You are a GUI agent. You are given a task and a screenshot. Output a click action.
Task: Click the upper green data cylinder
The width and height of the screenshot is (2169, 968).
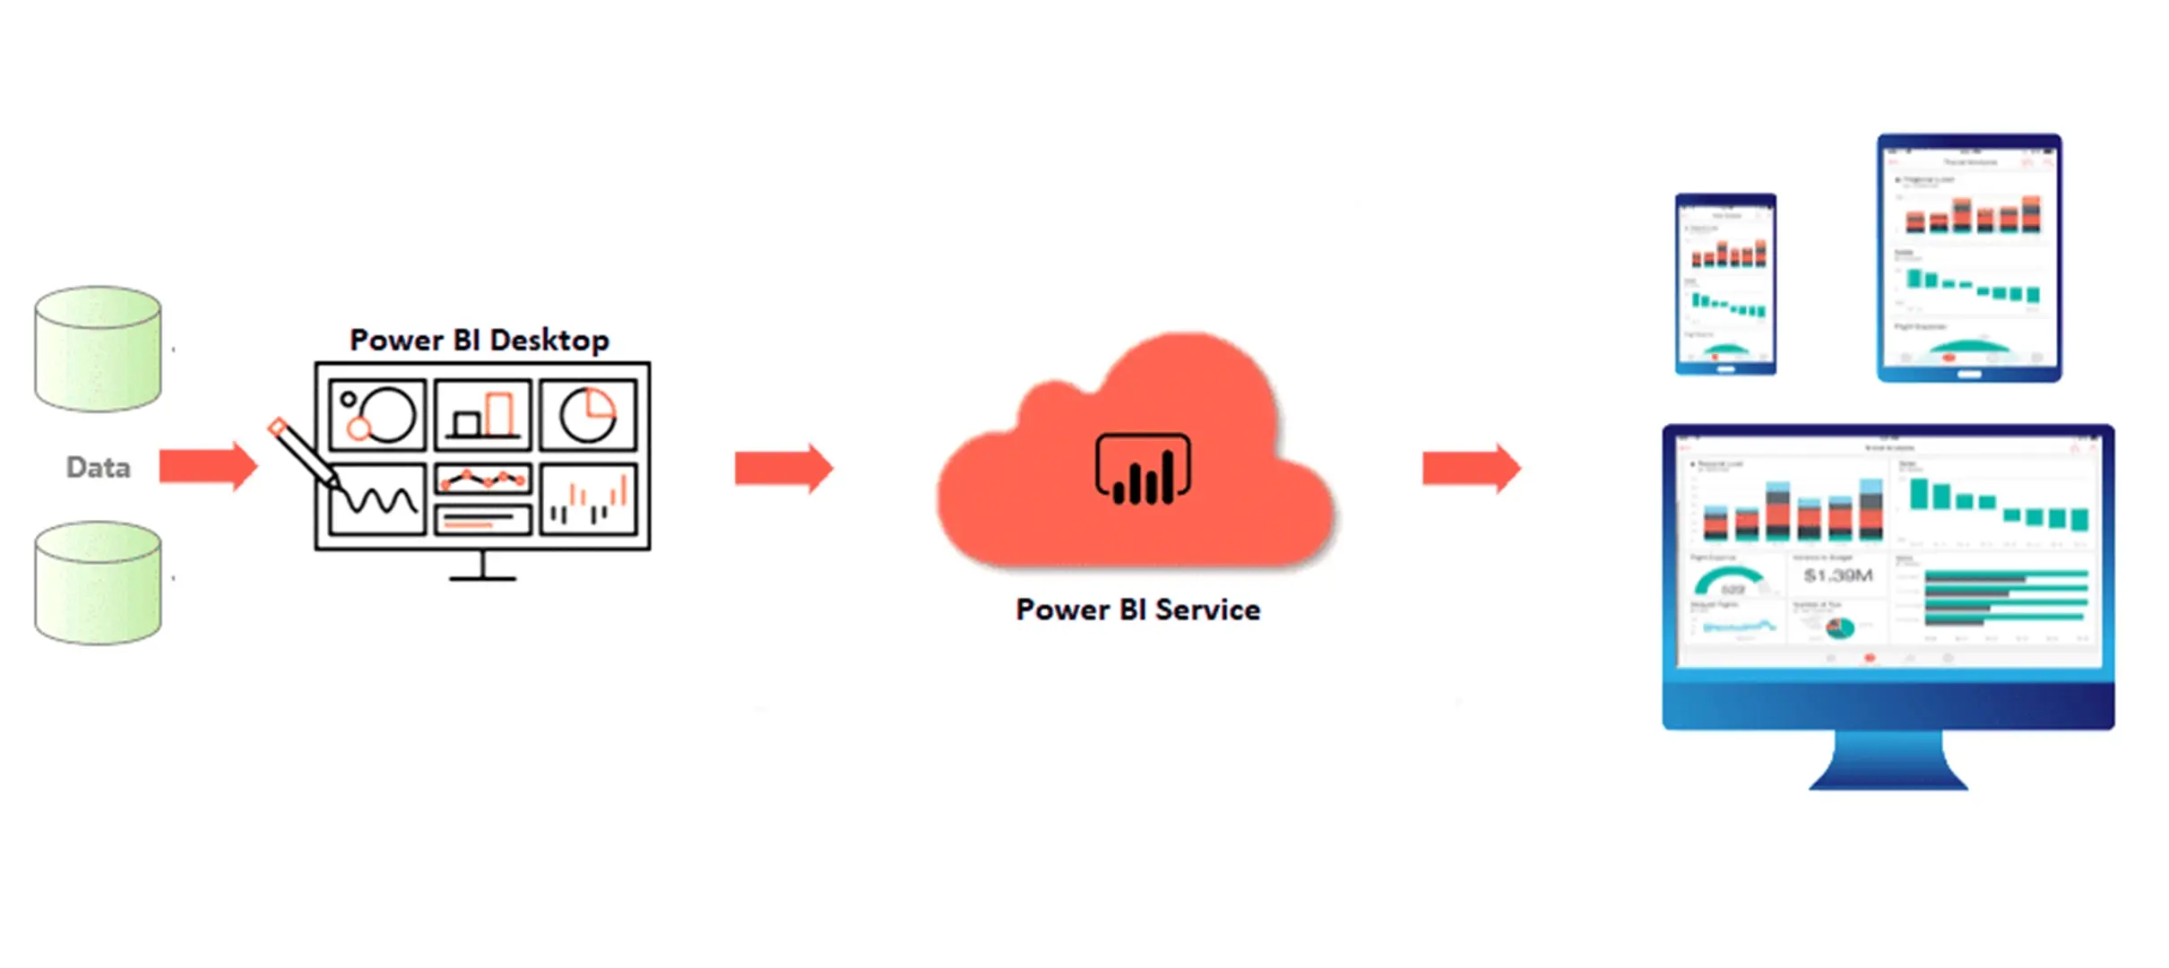[98, 349]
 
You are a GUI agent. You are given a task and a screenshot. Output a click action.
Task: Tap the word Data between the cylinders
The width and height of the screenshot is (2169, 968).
[99, 467]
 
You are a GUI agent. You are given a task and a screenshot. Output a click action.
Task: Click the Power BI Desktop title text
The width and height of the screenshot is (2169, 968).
[480, 341]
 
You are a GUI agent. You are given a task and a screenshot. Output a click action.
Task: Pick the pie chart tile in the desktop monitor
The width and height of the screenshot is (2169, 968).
[588, 415]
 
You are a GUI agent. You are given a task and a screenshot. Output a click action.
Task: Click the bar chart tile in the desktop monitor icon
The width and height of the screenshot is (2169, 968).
[483, 415]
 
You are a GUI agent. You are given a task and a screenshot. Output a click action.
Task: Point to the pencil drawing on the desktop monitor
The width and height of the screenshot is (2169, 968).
[303, 453]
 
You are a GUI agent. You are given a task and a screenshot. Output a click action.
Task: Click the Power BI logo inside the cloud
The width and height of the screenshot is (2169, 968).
[1143, 470]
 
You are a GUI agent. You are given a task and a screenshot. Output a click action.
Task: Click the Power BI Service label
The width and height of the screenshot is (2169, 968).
[1138, 609]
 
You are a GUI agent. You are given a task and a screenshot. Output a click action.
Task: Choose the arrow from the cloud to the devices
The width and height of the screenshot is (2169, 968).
[1471, 467]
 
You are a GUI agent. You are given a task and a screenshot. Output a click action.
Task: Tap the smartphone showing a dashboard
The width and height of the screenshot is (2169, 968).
[1725, 283]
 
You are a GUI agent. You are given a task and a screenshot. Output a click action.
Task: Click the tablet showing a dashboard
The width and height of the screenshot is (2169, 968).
[1969, 258]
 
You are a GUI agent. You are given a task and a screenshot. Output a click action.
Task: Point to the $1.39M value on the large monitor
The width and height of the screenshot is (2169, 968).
[1838, 575]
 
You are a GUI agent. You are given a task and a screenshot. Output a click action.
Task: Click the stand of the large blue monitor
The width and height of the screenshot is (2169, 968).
[1888, 762]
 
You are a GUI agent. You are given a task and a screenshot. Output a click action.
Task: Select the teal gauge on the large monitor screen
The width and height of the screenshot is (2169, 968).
[1729, 581]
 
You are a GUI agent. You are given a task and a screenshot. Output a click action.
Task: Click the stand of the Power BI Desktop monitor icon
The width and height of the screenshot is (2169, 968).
[482, 568]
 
